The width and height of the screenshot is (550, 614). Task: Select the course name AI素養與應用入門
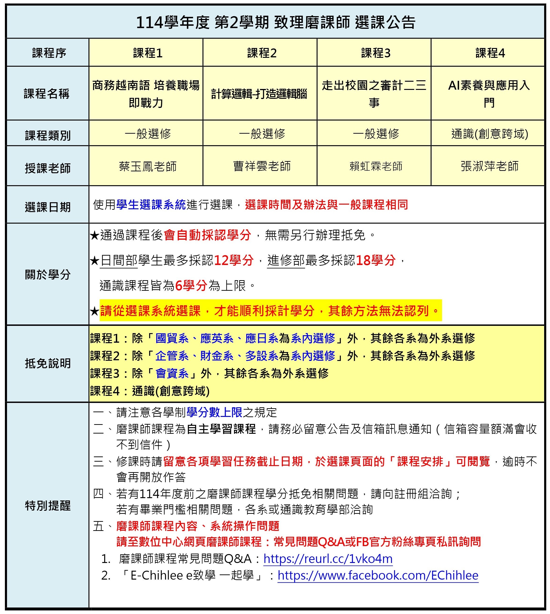489,94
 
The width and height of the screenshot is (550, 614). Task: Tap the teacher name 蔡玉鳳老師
148,166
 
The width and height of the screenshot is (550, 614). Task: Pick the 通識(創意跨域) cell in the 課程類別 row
490,134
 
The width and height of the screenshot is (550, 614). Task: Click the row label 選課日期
48,207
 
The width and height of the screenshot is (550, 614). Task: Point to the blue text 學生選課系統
151,205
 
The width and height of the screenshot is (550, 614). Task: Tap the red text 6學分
191,285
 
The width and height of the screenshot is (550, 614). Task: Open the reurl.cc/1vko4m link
328,559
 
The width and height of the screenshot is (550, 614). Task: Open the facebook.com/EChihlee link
378,575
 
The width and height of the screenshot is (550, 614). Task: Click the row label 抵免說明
48,363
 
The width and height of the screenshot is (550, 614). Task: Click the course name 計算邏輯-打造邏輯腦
259,94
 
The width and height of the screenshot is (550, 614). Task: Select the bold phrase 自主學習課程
221,429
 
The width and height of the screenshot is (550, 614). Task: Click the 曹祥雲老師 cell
262,166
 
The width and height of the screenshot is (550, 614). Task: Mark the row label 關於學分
48,274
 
